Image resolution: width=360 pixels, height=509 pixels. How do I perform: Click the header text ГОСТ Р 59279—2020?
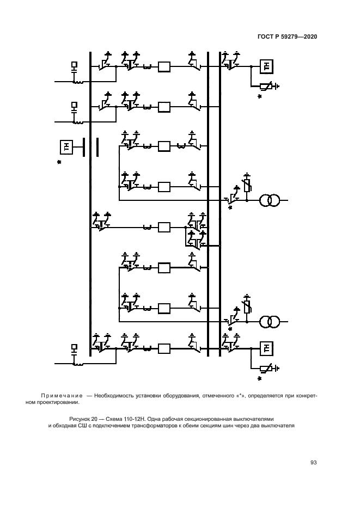pyautogui.click(x=288, y=37)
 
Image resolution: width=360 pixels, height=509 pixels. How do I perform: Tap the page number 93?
pyautogui.click(x=313, y=463)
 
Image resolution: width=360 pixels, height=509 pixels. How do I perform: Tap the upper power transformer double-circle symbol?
pyautogui.click(x=269, y=200)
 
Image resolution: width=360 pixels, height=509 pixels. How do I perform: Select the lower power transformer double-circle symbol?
pyautogui.click(x=269, y=321)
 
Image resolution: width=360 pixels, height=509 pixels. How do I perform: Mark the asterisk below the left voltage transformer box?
pyautogui.click(x=59, y=162)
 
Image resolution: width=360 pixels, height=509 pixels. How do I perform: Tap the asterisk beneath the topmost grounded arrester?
pyautogui.click(x=260, y=96)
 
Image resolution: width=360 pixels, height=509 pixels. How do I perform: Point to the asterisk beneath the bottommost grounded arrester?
pyautogui.click(x=260, y=379)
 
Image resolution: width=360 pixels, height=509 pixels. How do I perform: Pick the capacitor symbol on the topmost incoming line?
pyautogui.click(x=75, y=67)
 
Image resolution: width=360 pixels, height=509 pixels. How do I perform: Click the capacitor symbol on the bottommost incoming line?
pyautogui.click(x=75, y=349)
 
